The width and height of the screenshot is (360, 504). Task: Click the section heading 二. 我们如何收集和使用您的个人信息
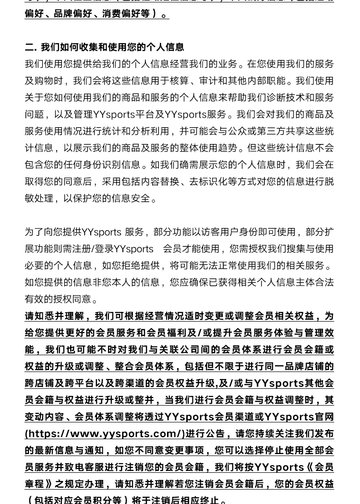tap(105, 47)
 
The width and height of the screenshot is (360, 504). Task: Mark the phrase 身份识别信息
tap(111, 165)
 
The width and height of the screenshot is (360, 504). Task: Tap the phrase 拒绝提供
tap(140, 265)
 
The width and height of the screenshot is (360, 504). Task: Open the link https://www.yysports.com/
tap(105, 433)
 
